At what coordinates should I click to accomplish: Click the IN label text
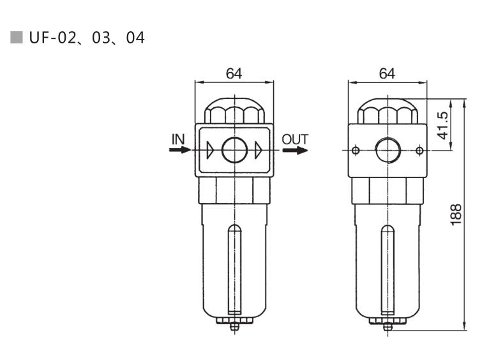179,139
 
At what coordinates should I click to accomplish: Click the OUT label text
295,139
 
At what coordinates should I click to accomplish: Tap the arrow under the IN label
179,151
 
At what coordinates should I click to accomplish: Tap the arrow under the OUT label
295,151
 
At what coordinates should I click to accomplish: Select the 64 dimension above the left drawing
234,73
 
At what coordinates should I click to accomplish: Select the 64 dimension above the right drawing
387,73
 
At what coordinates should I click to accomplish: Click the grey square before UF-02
17,38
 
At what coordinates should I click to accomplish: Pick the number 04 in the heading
135,38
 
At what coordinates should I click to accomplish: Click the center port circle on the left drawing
234,151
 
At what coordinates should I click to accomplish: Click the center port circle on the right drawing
387,151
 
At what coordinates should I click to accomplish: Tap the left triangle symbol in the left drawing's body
211,151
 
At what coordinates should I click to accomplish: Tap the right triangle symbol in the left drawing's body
258,151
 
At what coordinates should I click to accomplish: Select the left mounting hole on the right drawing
356,151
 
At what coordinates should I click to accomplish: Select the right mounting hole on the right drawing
419,151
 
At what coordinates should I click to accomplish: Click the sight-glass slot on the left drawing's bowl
234,268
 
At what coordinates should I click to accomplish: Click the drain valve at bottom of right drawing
387,326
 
